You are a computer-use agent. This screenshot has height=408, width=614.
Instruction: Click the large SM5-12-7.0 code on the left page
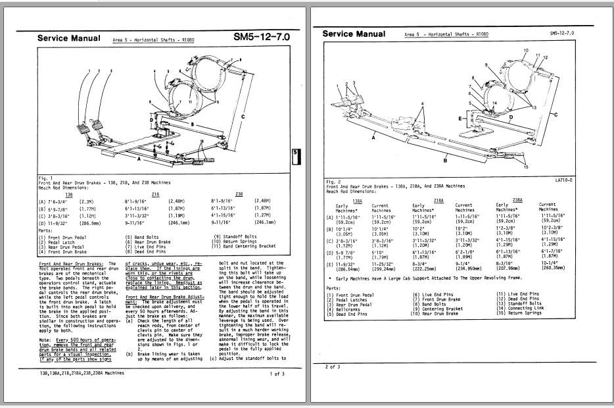[261, 38]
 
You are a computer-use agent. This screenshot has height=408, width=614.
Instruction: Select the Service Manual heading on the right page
[354, 34]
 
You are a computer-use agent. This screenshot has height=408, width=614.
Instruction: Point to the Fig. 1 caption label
[45, 178]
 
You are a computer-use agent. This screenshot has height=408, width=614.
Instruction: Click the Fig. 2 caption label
[333, 179]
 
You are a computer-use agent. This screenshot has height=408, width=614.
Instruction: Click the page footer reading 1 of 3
[277, 374]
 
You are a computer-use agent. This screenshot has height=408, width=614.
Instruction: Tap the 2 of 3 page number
[333, 367]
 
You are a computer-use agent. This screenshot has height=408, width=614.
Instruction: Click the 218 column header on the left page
[155, 194]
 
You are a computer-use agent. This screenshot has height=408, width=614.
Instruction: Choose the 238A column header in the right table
[517, 199]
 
